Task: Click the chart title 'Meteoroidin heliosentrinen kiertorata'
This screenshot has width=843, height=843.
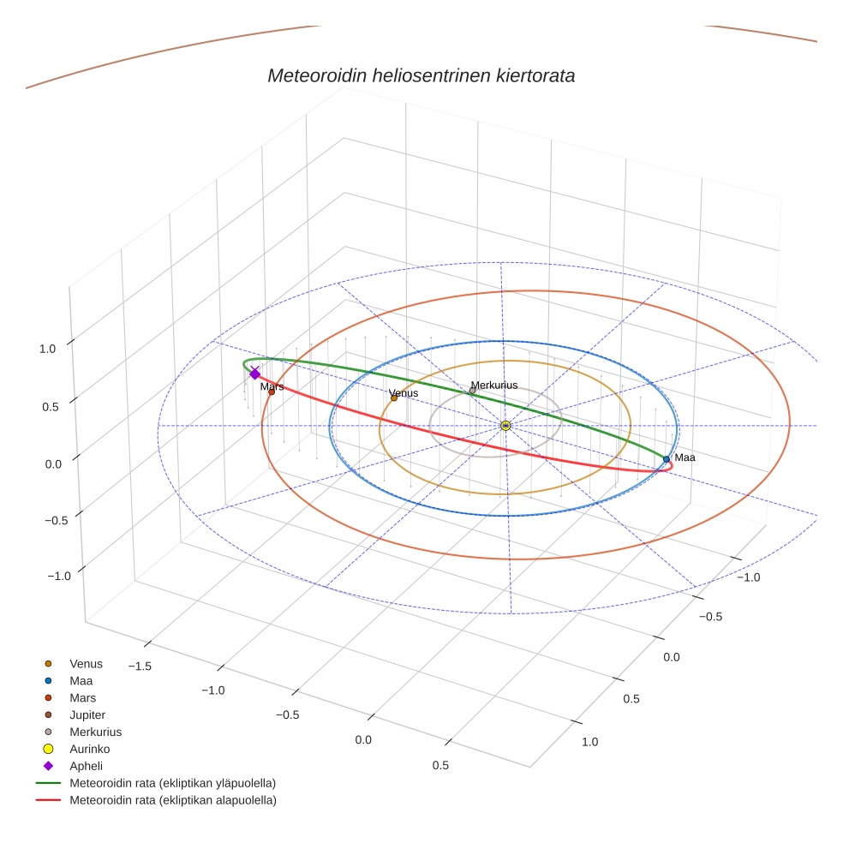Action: click(x=421, y=75)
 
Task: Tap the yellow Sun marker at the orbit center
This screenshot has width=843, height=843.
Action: click(x=505, y=426)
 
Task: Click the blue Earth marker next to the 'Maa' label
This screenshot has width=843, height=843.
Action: click(x=667, y=459)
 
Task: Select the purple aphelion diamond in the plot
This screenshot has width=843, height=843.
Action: click(x=254, y=374)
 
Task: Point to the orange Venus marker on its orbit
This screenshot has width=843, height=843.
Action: click(x=394, y=398)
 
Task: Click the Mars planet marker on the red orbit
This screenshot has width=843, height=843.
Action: click(x=272, y=392)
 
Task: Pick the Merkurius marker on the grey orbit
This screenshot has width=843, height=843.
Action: click(x=472, y=391)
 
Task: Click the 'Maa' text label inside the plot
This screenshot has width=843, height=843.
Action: click(x=685, y=457)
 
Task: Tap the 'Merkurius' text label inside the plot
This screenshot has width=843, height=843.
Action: click(x=494, y=386)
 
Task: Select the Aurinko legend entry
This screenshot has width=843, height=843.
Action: click(x=89, y=749)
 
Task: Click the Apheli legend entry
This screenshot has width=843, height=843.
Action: click(x=86, y=766)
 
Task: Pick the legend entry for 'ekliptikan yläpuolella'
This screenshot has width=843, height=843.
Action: click(x=172, y=783)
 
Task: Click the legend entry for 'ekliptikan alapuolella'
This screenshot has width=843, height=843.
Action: click(x=172, y=800)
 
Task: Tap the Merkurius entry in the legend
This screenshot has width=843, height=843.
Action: click(x=95, y=732)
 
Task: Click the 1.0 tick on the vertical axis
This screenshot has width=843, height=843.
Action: click(x=47, y=349)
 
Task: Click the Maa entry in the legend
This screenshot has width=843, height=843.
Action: click(x=81, y=680)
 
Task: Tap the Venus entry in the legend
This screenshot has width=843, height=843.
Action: click(x=86, y=663)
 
